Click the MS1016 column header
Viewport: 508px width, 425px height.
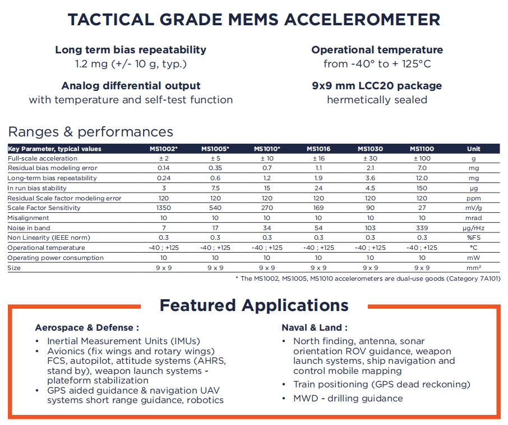pyautogui.click(x=318, y=149)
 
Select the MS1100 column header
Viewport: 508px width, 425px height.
pyautogui.click(x=422, y=149)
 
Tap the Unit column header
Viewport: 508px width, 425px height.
pyautogui.click(x=473, y=149)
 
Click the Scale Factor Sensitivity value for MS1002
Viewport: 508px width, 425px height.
pyautogui.click(x=164, y=208)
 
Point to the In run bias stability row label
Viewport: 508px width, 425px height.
pyautogui.click(x=37, y=189)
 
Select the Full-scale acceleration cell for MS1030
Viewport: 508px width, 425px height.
pyautogui.click(x=370, y=158)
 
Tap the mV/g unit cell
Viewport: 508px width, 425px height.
pyautogui.click(x=473, y=208)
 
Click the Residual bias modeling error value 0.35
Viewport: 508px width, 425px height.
pyautogui.click(x=215, y=168)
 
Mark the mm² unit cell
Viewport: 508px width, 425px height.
pyautogui.click(x=473, y=268)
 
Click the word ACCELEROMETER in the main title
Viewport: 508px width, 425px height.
pyautogui.click(x=362, y=19)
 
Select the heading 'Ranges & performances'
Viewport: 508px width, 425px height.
pyautogui.click(x=91, y=132)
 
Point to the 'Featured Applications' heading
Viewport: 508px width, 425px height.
pyautogui.click(x=254, y=305)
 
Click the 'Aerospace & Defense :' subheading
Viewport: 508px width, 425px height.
pyautogui.click(x=87, y=327)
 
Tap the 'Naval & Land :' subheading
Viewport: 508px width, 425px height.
pyautogui.click(x=314, y=327)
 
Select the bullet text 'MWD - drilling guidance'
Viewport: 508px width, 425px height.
pyautogui.click(x=348, y=399)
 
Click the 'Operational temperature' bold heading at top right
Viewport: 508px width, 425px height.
pyautogui.click(x=377, y=50)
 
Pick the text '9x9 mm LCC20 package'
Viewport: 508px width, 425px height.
pyautogui.click(x=377, y=86)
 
